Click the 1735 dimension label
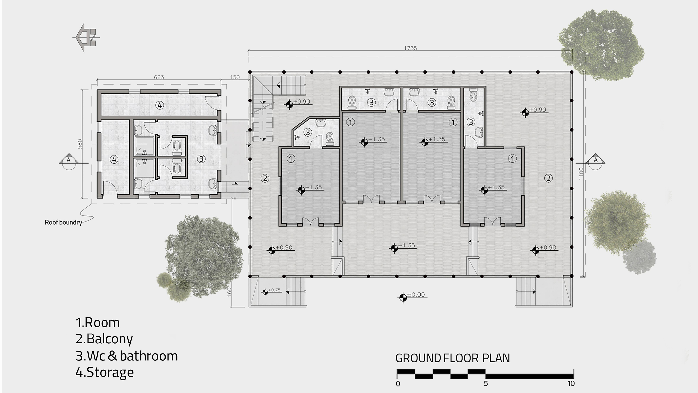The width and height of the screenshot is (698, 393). point(410,48)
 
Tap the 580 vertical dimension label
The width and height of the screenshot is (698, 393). point(80,144)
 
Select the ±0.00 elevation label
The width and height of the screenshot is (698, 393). point(416,295)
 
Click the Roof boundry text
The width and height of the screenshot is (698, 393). point(63,222)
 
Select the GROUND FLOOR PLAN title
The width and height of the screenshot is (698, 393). point(453,358)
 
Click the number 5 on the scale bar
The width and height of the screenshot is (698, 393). point(486,384)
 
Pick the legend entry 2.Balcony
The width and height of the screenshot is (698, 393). point(104,339)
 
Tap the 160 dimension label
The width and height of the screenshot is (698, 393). point(229,292)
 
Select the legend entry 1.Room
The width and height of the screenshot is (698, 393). point(98,323)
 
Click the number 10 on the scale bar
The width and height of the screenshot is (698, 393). point(571,384)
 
